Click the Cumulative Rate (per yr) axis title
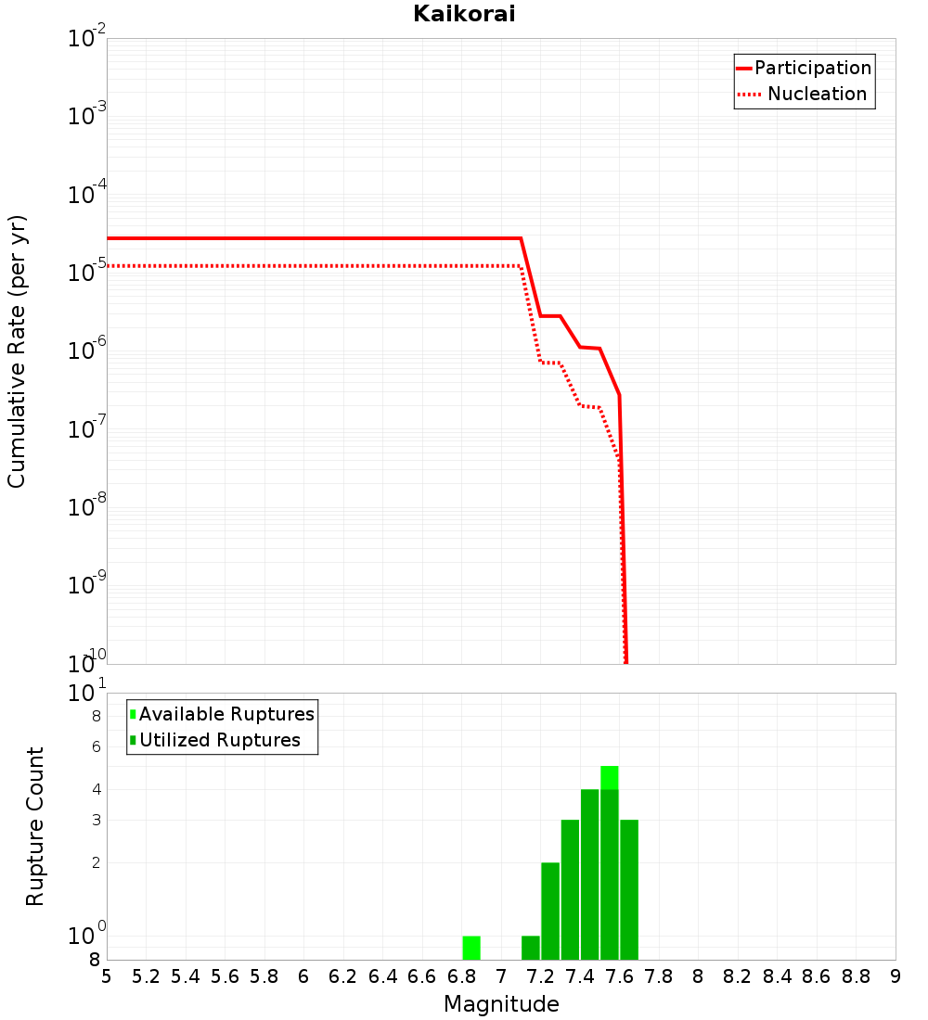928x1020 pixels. pos(17,351)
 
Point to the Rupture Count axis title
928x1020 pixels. pos(35,826)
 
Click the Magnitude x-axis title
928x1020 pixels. pos(501,1004)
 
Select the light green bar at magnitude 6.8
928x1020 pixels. pos(471,948)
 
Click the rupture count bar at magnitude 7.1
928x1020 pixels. pos(531,948)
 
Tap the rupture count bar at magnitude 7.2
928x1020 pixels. pos(550,911)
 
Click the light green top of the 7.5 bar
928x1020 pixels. pos(610,777)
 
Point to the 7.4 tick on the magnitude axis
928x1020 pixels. pos(580,976)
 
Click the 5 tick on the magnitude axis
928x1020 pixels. pos(107,976)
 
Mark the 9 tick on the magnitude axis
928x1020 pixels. pos(896,976)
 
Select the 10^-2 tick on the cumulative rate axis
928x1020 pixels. pos(86,39)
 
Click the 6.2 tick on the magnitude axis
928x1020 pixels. pos(343,976)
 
